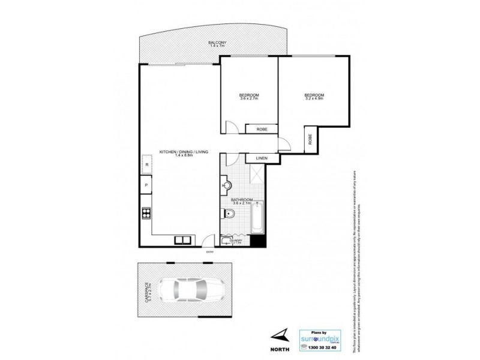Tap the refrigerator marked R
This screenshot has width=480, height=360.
click(146, 164)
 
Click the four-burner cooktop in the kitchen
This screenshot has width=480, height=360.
click(146, 212)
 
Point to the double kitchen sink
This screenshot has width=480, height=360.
click(183, 241)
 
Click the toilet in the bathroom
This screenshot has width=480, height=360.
click(231, 214)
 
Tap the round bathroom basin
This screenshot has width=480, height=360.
click(226, 185)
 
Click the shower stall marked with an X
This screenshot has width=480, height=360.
click(254, 175)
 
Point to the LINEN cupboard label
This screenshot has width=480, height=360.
click(262, 158)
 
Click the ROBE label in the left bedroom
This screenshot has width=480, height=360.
click(262, 129)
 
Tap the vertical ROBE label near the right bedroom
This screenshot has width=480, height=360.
click(310, 140)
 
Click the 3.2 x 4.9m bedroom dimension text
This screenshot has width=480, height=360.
click(314, 100)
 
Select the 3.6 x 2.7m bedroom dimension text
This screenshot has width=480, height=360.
click(249, 100)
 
